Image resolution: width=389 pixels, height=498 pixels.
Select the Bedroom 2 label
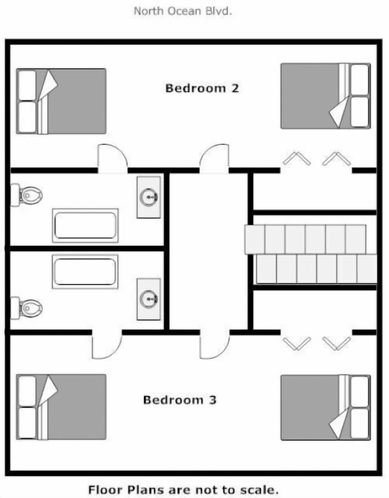202,88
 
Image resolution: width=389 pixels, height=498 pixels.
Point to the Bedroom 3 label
180,400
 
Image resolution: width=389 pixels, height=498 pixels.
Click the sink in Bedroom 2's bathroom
149,197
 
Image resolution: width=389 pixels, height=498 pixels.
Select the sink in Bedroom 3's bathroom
149,299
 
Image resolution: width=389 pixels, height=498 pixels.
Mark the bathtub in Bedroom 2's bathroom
85,225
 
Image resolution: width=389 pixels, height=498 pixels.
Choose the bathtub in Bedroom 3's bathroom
85,271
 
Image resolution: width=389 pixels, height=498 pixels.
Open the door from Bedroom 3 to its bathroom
107,344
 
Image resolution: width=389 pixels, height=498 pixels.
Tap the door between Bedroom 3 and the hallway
214,344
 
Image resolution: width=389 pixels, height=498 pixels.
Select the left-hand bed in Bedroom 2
61,101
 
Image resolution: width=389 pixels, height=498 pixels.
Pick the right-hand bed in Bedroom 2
325,96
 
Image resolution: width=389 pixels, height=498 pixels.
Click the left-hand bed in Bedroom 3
61,407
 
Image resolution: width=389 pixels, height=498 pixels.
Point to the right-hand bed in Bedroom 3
325,408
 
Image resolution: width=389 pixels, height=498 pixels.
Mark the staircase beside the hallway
311,254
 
